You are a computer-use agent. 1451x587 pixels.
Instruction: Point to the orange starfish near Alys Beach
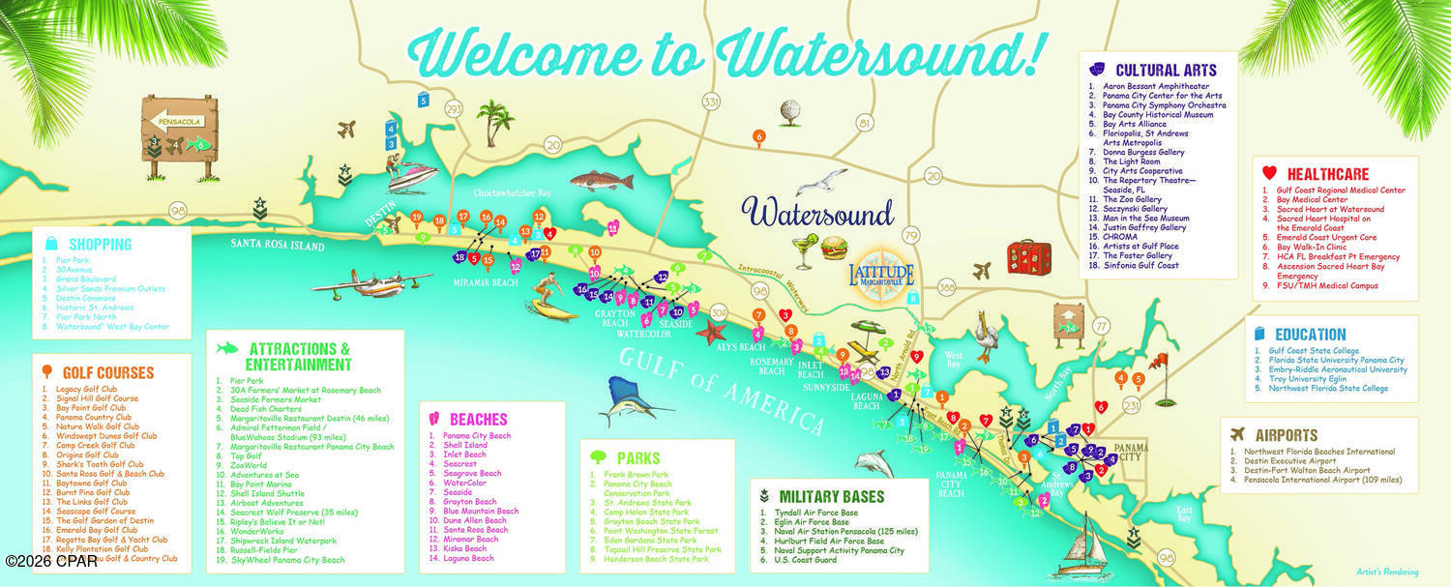point(713,334)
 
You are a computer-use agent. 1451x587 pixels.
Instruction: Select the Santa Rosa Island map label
point(277,247)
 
